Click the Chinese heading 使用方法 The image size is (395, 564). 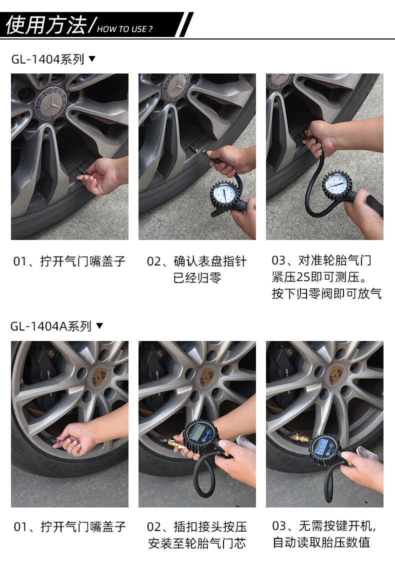point(46,25)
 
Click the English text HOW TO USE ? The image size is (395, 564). point(125,29)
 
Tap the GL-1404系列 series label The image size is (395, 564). point(48,59)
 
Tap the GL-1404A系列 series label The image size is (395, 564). point(50,326)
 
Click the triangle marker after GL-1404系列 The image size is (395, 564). point(92,58)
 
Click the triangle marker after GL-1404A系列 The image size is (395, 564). point(99,325)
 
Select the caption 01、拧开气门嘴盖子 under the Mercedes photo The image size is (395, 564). point(69,261)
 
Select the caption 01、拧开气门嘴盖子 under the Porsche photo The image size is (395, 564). point(70,526)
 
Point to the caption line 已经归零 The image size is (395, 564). point(197,277)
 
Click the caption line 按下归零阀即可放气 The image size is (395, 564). point(326,293)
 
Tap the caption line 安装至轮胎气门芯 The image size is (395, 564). point(197,543)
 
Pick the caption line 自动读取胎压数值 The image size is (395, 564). point(321,542)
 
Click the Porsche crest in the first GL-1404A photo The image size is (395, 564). point(100,376)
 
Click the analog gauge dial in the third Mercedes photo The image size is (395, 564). point(336,184)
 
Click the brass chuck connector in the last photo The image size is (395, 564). point(299,438)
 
